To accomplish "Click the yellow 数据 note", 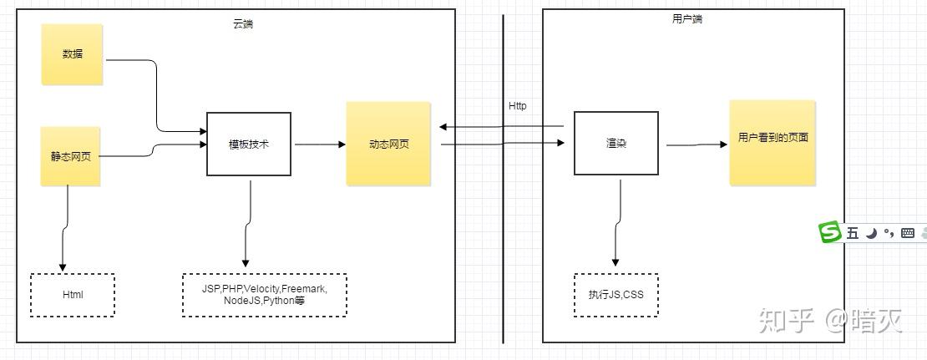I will click(72, 54).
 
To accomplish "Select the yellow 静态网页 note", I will click(71, 156).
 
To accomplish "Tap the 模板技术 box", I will click(249, 144).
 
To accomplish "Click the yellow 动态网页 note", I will click(388, 144).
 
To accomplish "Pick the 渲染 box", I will click(615, 144).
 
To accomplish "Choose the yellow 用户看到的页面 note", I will click(772, 142).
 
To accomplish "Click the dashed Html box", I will click(73, 295).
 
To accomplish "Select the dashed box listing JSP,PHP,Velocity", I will click(264, 295).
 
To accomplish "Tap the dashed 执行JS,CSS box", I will click(615, 295).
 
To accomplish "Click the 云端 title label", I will click(243, 24).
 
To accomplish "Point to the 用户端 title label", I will click(686, 18).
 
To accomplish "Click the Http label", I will click(518, 106).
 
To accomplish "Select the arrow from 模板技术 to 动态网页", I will click(319, 145).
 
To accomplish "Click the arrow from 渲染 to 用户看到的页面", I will click(697, 145).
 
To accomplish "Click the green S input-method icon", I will click(830, 233).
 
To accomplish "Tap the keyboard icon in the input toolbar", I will click(908, 233).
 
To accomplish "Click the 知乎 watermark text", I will click(785, 321).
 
